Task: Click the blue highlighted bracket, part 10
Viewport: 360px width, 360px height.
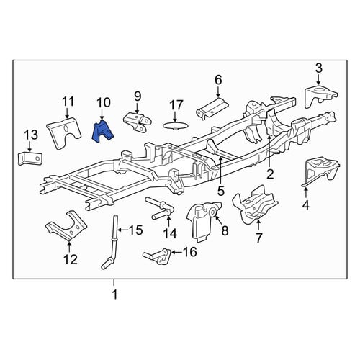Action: pos(102,132)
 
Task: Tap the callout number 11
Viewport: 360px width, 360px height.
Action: pos(68,102)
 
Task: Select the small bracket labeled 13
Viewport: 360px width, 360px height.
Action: pos(30,158)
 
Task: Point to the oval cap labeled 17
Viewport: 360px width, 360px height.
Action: pos(175,125)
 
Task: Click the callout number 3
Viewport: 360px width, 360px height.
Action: pos(319,68)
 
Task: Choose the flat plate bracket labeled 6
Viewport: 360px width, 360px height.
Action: pos(212,108)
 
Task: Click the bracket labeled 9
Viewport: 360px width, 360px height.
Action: pos(138,122)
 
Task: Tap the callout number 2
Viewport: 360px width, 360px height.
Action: pos(270,174)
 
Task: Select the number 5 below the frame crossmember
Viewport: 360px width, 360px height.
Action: pos(221,191)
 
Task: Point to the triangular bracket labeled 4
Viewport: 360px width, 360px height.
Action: pos(320,171)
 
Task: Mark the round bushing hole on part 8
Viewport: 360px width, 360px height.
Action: pos(212,212)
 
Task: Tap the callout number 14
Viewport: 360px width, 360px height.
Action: pos(170,233)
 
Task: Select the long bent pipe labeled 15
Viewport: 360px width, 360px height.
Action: pos(110,242)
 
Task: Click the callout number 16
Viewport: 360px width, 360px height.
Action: pos(189,252)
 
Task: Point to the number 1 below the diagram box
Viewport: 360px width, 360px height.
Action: pos(114,294)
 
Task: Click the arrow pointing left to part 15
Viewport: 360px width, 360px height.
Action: pos(123,230)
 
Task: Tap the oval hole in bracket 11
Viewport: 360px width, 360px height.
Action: pos(66,128)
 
